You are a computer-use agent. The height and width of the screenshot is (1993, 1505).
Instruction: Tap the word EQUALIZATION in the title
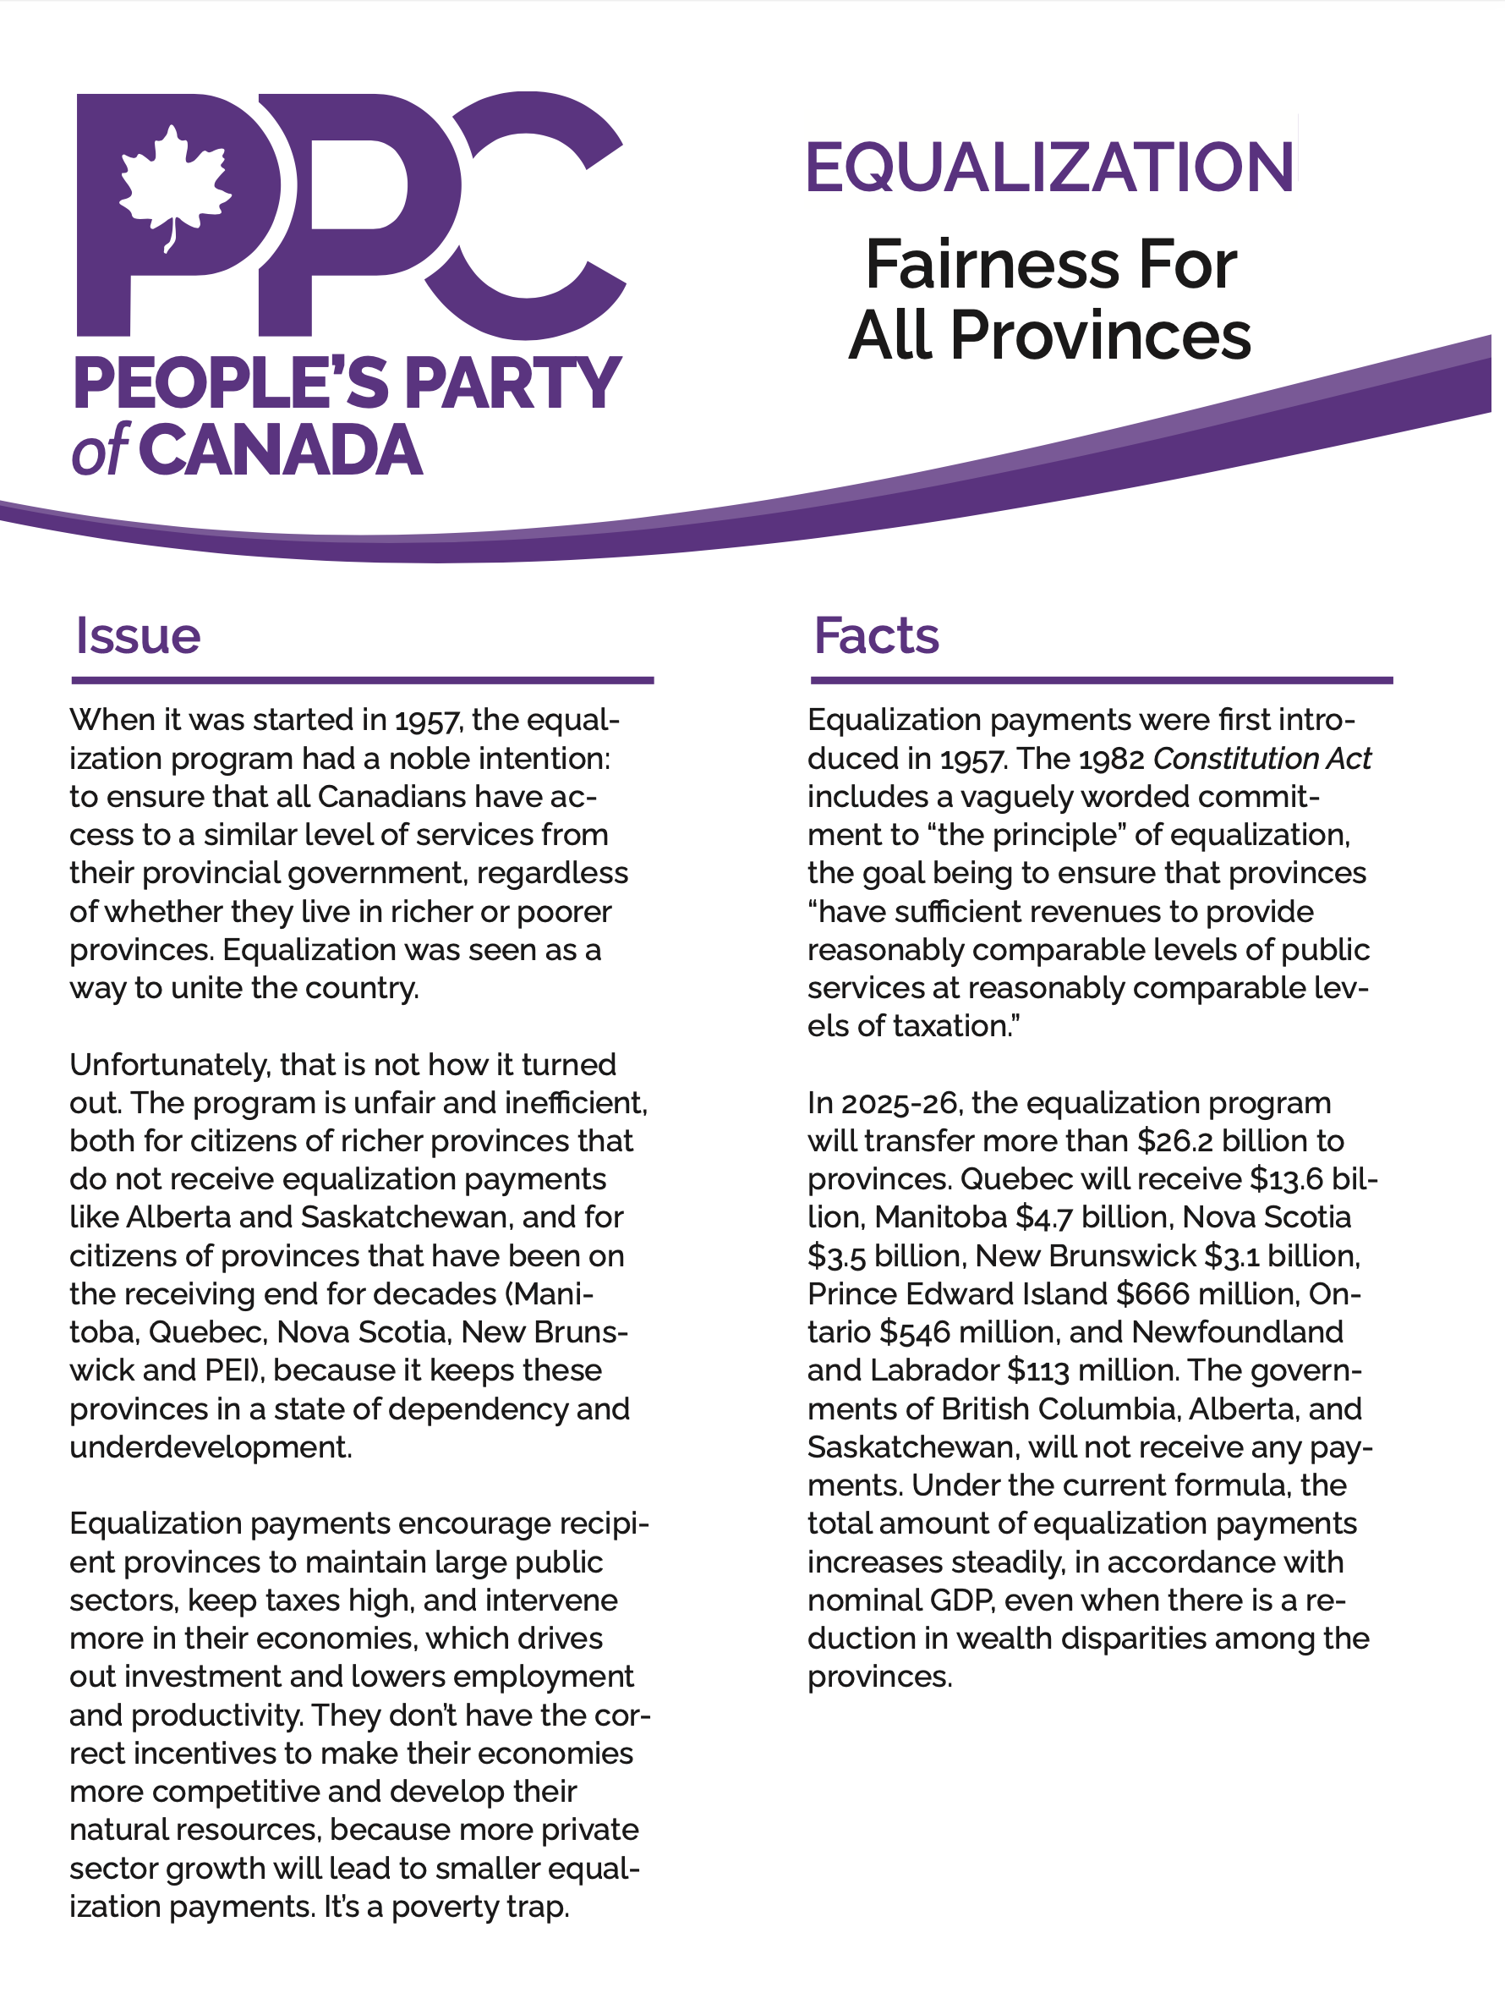(x=1049, y=167)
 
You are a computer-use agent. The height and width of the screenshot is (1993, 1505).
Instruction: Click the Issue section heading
(x=138, y=636)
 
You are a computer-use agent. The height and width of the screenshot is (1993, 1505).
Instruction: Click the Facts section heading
(x=875, y=636)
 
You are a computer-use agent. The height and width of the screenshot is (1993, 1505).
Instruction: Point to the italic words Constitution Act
(x=1261, y=759)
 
